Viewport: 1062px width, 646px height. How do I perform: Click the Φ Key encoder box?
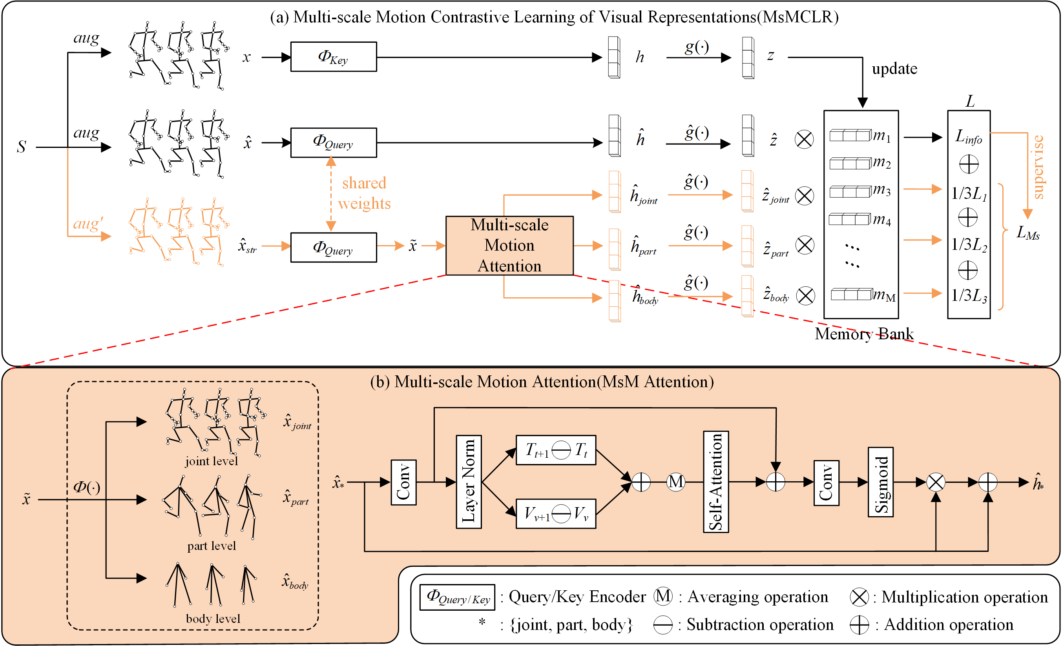click(x=333, y=57)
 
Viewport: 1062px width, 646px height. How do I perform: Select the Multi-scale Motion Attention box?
click(x=509, y=246)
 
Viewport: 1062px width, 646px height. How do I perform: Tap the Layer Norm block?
click(x=469, y=482)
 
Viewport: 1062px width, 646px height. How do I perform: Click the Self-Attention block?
click(x=715, y=482)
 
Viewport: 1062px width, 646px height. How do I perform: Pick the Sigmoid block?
click(x=880, y=482)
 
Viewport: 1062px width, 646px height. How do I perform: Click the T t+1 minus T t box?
click(x=556, y=450)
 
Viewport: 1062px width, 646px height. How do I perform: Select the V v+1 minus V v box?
click(x=556, y=513)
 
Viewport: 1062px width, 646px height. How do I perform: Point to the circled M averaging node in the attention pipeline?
click(x=675, y=482)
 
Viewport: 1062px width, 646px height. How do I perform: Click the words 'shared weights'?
click(x=364, y=193)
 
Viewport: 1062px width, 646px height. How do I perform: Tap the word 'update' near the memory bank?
click(x=894, y=69)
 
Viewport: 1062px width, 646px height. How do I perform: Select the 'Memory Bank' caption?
click(x=864, y=334)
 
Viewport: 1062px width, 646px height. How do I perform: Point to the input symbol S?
click(x=21, y=147)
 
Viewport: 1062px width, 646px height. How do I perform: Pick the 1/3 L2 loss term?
click(x=969, y=245)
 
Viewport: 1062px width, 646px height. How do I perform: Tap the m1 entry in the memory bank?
click(x=859, y=136)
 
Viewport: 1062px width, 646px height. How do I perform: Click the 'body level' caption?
click(x=213, y=619)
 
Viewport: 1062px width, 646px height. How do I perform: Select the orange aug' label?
click(x=88, y=224)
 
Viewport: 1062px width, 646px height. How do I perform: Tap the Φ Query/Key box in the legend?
click(x=457, y=597)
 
